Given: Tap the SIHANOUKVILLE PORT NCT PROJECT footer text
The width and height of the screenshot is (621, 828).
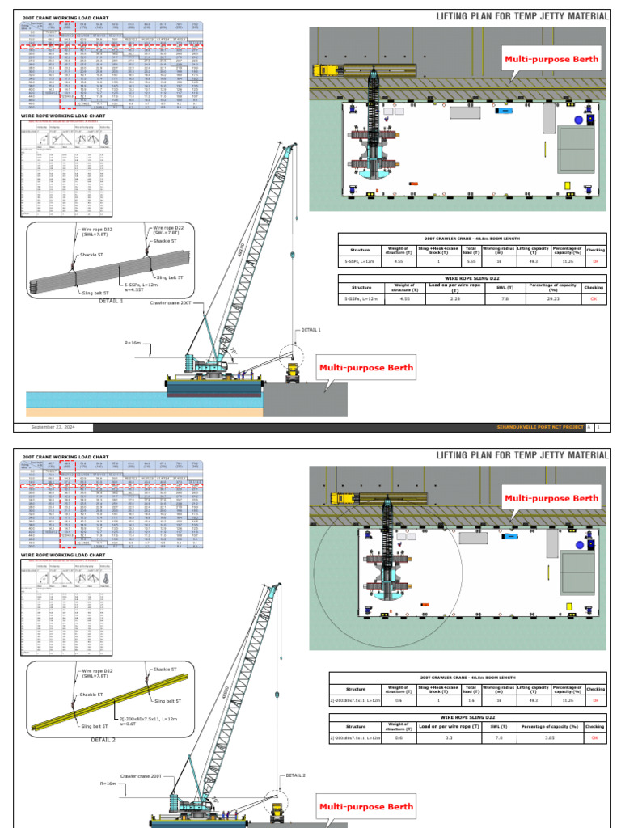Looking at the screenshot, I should point(539,426).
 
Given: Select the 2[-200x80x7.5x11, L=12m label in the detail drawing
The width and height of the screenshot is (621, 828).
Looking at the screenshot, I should point(146,720).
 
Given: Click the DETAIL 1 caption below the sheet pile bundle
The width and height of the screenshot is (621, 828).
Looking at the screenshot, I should point(111,301).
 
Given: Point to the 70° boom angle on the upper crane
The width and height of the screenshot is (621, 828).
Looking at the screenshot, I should point(235,353).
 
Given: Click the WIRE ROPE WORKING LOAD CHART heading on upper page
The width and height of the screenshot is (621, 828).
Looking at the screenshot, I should point(63,116).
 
